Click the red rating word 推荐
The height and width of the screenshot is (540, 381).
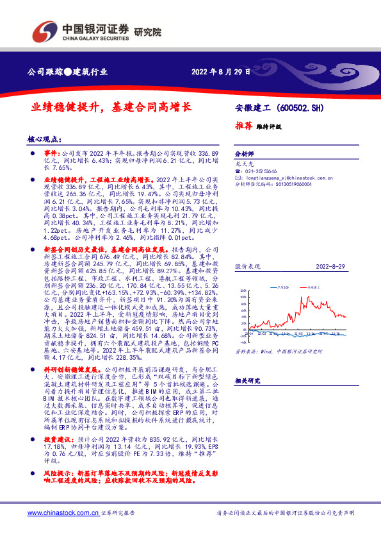pos(243,126)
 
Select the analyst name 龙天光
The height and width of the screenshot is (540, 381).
pos(243,165)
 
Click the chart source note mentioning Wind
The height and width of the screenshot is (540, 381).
pos(278,351)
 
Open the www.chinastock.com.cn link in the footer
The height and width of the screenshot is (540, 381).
pos(62,513)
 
